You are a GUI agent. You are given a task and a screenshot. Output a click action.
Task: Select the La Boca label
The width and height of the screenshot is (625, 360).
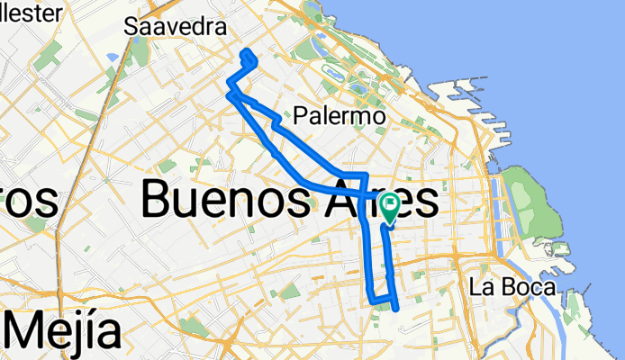512,288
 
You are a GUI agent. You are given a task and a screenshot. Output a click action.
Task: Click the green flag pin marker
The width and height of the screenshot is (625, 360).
390,208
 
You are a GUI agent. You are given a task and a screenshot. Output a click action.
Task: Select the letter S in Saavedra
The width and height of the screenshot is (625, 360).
131,27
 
